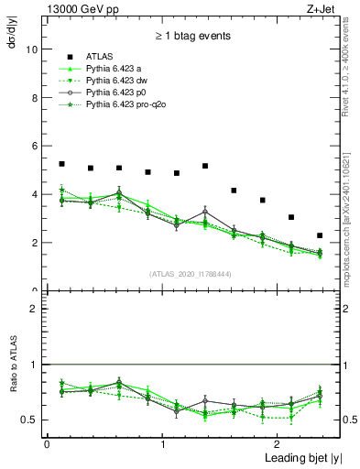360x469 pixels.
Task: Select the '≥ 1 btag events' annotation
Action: (x=191, y=37)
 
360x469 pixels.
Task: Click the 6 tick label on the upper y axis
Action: (x=33, y=147)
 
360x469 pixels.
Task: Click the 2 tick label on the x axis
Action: (x=278, y=444)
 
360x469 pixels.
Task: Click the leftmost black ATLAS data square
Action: (x=61, y=164)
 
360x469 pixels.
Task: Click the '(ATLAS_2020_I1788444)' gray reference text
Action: (x=191, y=273)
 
